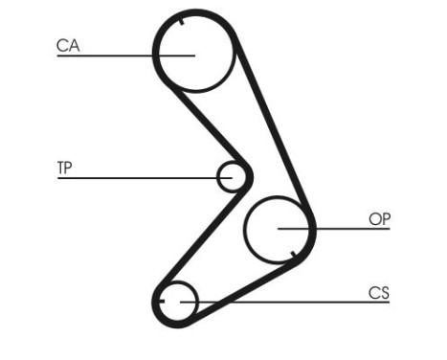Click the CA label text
[67, 44]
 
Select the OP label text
[380, 219]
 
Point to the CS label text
[379, 293]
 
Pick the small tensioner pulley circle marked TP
[232, 176]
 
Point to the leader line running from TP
[134, 177]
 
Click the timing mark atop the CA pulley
[180, 20]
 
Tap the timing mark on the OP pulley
[293, 255]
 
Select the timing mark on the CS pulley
[164, 302]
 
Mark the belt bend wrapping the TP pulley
[250, 175]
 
